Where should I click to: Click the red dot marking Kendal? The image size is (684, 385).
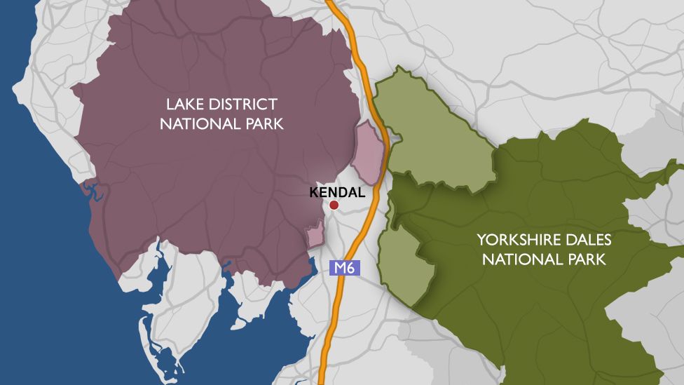pyautogui.click(x=334, y=205)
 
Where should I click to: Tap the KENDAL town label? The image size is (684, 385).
pyautogui.click(x=337, y=192)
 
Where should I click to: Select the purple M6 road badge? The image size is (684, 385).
pyautogui.click(x=344, y=266)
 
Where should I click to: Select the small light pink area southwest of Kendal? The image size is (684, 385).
pyautogui.click(x=315, y=234)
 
